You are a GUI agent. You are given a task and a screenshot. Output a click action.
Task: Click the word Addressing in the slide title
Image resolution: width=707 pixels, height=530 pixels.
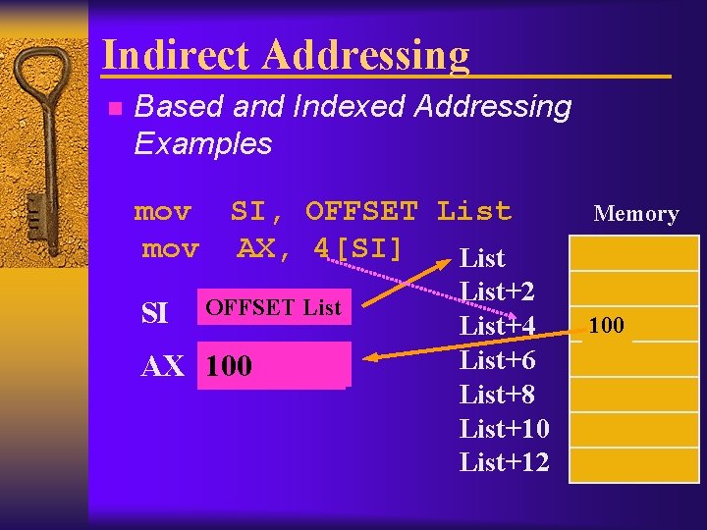click(364, 56)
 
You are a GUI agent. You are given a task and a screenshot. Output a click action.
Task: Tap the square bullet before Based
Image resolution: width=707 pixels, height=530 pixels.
click(114, 108)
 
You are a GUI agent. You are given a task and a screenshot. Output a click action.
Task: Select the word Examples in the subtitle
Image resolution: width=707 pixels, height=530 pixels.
click(202, 143)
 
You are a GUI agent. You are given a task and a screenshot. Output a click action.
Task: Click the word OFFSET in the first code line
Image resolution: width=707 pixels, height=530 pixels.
click(361, 211)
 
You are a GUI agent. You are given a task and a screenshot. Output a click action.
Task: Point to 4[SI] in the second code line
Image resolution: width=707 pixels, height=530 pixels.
click(358, 249)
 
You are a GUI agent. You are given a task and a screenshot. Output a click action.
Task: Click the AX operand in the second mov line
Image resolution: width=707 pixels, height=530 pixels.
click(255, 249)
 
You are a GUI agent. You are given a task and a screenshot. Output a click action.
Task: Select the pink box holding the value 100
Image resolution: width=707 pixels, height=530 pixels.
click(273, 366)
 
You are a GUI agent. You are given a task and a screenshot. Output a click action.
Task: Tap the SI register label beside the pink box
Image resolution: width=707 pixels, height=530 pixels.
click(154, 313)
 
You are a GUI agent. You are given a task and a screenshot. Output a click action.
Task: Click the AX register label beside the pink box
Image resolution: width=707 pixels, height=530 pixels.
click(163, 367)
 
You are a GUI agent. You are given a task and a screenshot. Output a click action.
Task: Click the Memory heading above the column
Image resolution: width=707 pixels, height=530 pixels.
click(635, 214)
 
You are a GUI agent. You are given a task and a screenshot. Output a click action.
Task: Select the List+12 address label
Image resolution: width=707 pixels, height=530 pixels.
click(504, 462)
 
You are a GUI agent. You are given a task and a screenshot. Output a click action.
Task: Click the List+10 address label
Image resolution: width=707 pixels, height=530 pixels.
click(504, 429)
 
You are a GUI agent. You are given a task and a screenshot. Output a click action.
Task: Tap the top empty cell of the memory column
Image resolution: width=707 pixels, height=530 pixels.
click(633, 253)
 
